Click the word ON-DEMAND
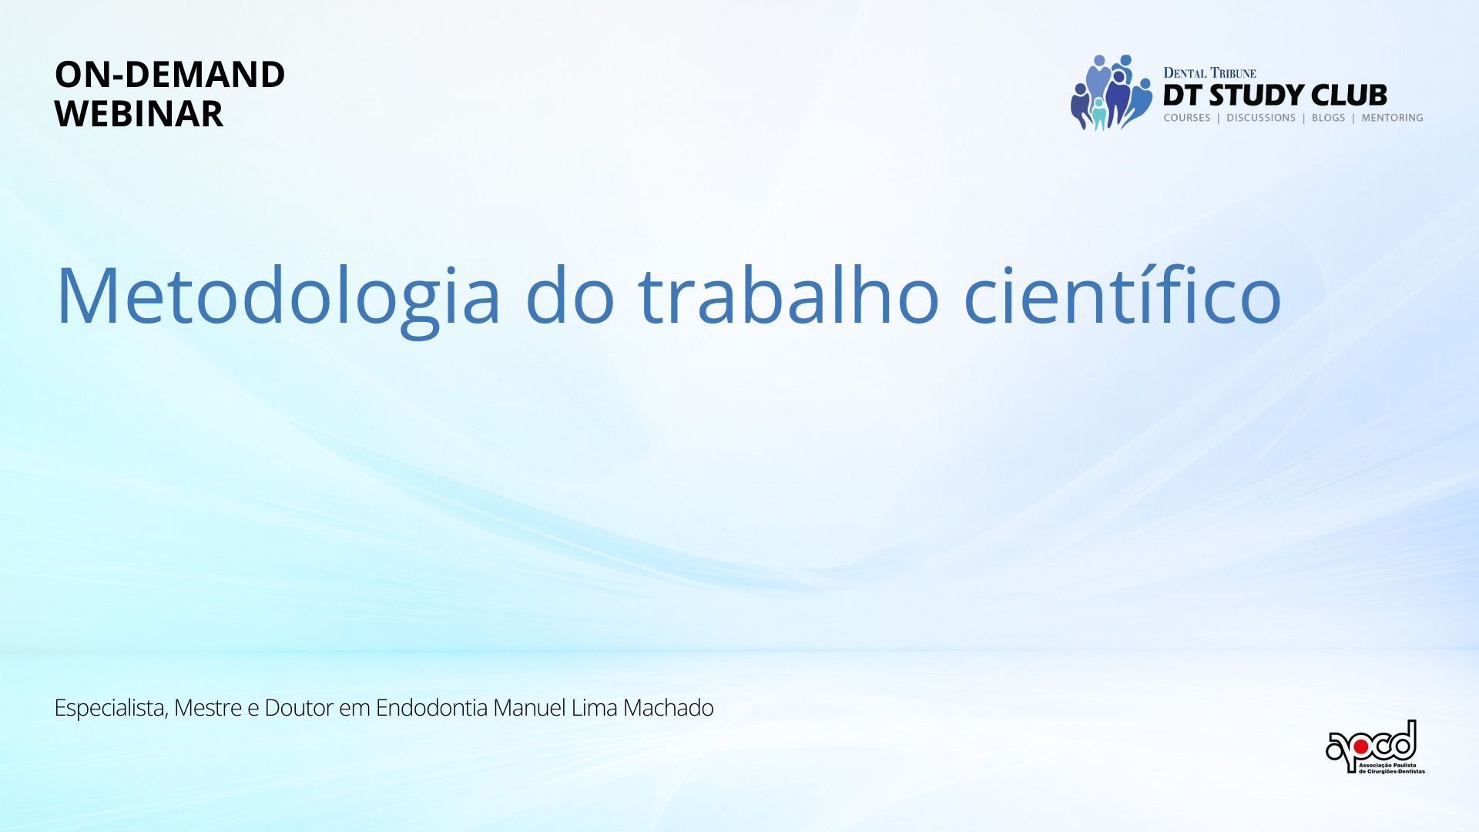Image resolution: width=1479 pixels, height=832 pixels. click(x=169, y=75)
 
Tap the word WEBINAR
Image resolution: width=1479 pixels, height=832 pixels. click(x=139, y=114)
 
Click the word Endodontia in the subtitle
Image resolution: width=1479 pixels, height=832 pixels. click(x=431, y=707)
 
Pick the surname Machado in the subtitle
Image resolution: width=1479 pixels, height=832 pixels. click(x=668, y=707)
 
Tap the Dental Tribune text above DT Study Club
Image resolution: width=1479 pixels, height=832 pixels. click(x=1209, y=73)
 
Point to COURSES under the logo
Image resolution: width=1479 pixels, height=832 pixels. click(x=1187, y=118)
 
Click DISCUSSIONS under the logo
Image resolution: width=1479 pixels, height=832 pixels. click(x=1261, y=118)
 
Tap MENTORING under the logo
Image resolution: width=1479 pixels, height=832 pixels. click(x=1392, y=118)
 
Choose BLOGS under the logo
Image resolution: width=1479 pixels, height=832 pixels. click(x=1328, y=118)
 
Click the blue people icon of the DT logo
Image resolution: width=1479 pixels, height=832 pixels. click(x=1111, y=92)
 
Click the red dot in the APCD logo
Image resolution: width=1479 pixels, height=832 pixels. click(x=1360, y=746)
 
